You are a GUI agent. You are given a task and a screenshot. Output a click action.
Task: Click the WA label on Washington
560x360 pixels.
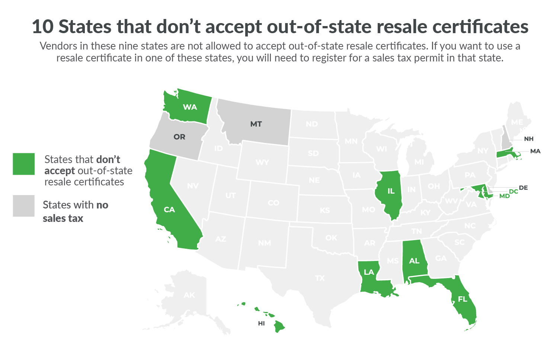pyautogui.click(x=190, y=107)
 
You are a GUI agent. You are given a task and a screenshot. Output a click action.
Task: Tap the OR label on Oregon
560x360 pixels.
pyautogui.click(x=179, y=137)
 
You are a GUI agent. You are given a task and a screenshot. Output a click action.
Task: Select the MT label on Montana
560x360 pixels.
pyautogui.click(x=256, y=124)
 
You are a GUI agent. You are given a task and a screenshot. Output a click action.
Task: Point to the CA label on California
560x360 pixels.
pyautogui.click(x=169, y=210)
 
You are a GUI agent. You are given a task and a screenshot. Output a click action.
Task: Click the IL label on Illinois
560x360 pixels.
pyautogui.click(x=391, y=191)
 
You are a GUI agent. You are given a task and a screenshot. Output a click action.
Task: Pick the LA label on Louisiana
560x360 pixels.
pyautogui.click(x=369, y=272)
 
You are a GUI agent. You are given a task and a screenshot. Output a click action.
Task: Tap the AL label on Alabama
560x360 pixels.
pyautogui.click(x=414, y=261)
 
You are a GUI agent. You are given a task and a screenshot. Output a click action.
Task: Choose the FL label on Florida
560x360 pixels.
pyautogui.click(x=463, y=299)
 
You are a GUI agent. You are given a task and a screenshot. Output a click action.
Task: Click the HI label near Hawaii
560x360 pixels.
pyautogui.click(x=261, y=324)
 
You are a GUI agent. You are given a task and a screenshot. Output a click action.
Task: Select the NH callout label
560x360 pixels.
pyautogui.click(x=528, y=139)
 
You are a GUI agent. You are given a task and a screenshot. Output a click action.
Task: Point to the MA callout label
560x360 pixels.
pyautogui.click(x=535, y=151)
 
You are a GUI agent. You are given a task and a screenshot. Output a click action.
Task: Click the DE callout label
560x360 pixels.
pyautogui.click(x=523, y=188)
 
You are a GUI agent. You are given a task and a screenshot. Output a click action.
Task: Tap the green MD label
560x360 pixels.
pyautogui.click(x=505, y=196)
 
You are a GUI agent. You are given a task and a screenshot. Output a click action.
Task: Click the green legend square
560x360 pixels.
pyautogui.click(x=24, y=164)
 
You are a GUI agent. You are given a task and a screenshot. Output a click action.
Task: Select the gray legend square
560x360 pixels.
pyautogui.click(x=24, y=206)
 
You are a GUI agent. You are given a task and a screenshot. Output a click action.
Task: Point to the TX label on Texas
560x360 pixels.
pyautogui.click(x=320, y=278)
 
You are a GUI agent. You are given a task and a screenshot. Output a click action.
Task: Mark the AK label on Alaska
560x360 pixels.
pyautogui.click(x=189, y=295)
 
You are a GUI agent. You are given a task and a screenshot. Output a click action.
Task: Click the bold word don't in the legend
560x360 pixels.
pyautogui.click(x=108, y=160)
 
